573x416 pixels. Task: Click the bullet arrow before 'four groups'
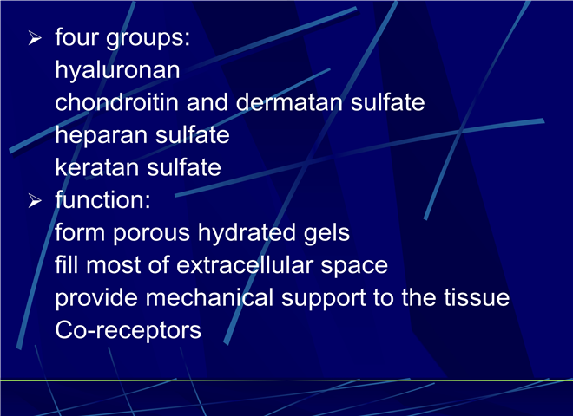[x=35, y=38]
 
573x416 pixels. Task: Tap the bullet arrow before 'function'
[x=35, y=200]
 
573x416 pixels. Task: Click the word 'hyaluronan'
[x=117, y=70]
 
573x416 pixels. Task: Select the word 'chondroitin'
[x=116, y=102]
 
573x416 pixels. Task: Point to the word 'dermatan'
[x=289, y=102]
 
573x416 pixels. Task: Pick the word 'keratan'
[x=97, y=167]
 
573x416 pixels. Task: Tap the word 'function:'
[x=102, y=199]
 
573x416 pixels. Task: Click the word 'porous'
[x=151, y=234]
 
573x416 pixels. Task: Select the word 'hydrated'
[x=247, y=232]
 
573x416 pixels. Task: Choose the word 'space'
[x=354, y=266]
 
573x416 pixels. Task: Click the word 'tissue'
[x=477, y=297]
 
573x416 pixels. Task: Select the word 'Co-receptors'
[x=128, y=331]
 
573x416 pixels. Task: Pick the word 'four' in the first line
[x=76, y=37]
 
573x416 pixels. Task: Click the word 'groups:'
[x=148, y=39]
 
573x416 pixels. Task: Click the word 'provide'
[x=96, y=298]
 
